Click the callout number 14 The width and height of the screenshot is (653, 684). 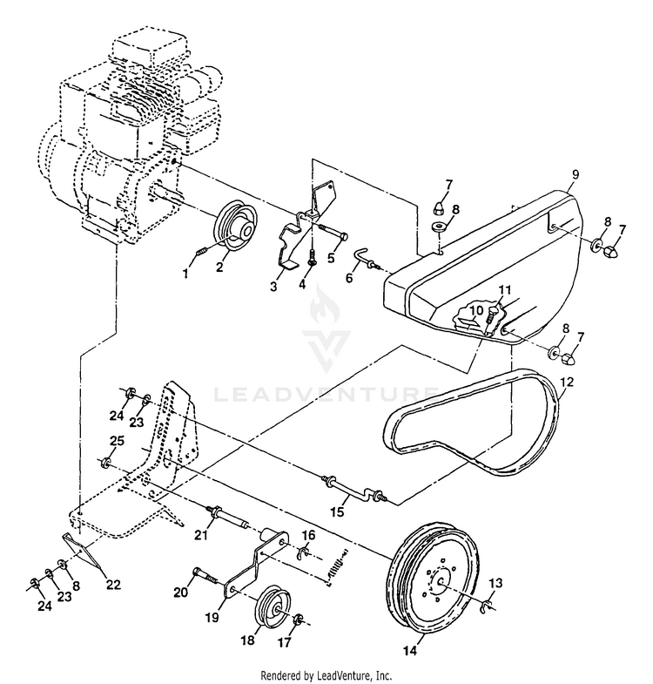410,650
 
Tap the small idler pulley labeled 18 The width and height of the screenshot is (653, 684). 272,605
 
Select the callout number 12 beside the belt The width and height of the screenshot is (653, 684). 567,381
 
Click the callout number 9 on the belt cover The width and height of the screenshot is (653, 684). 575,173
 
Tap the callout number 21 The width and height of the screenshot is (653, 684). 200,535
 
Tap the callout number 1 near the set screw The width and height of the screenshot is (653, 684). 185,273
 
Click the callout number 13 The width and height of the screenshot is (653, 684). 496,583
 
